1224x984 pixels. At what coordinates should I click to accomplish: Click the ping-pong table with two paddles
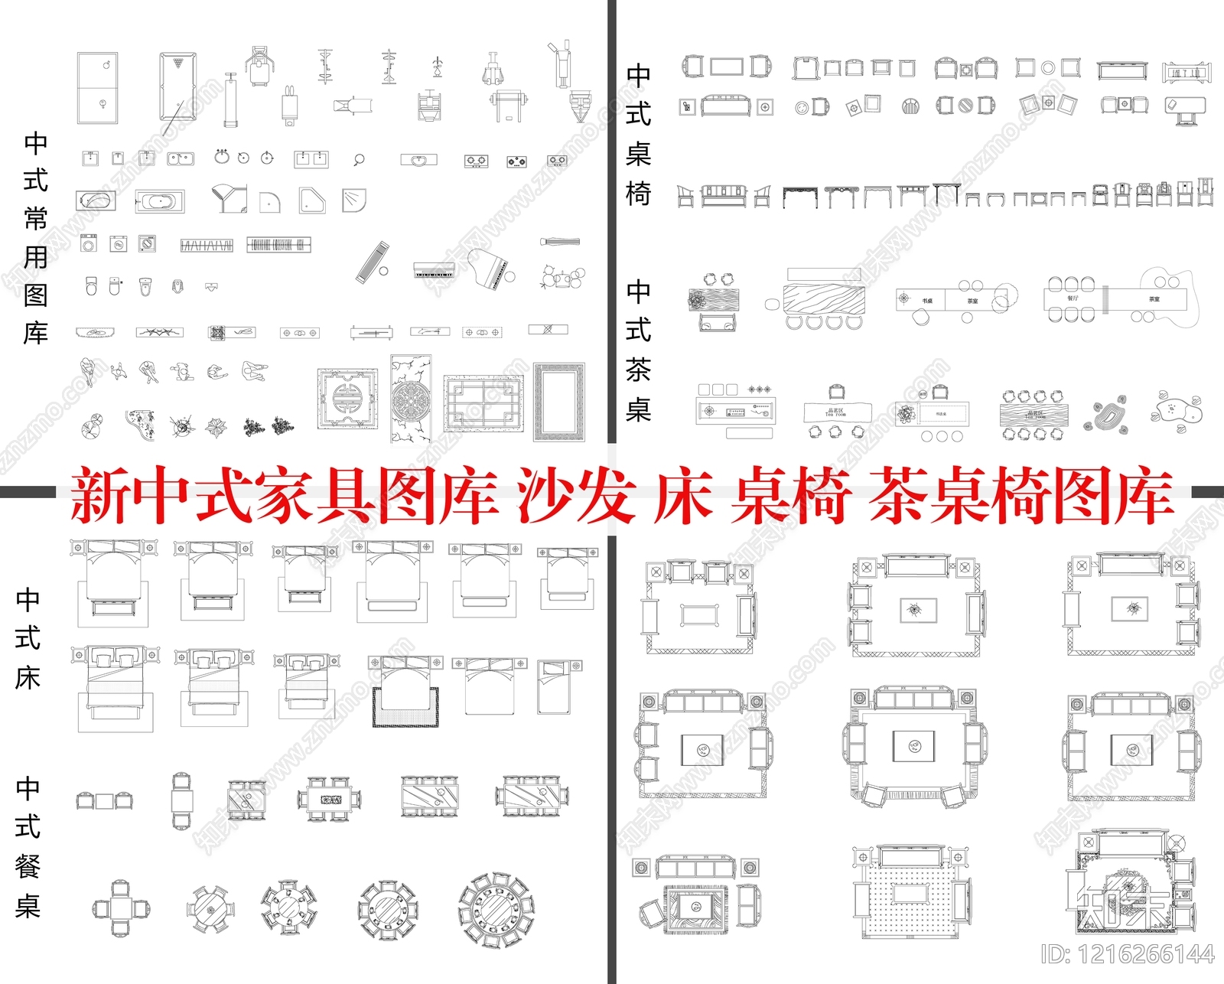coord(97,87)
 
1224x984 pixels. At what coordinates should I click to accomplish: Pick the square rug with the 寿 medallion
coord(348,399)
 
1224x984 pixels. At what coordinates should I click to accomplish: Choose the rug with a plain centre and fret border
coord(559,402)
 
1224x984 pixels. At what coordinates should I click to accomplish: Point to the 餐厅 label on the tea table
coord(1073,298)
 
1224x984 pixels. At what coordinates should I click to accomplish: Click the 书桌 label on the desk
coord(927,301)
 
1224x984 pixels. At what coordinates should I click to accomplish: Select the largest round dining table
coord(496,909)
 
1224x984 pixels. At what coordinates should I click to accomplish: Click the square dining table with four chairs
coord(121,908)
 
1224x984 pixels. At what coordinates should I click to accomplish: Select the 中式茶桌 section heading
coord(638,350)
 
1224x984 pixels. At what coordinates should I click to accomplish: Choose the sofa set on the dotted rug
coord(914,891)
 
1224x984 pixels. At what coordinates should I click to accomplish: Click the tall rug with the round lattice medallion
coord(411,399)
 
